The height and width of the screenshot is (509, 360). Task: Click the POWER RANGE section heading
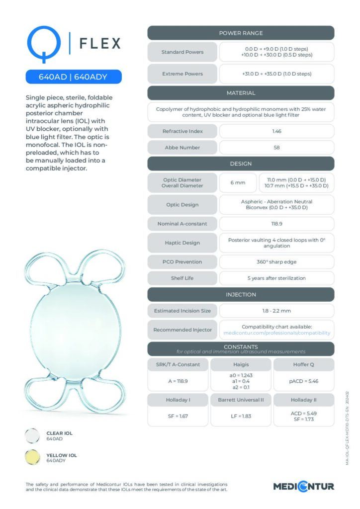[241, 33]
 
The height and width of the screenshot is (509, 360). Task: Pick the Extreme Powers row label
[182, 74]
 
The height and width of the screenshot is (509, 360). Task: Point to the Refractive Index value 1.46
[276, 131]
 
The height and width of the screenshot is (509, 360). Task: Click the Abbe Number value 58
[276, 148]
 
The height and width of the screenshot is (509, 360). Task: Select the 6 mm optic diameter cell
[238, 182]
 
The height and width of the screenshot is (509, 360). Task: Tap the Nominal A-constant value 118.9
[276, 224]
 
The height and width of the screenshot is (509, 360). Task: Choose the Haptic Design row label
[182, 243]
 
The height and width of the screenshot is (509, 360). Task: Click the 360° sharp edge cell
[276, 261]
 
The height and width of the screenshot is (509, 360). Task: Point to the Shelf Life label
[182, 278]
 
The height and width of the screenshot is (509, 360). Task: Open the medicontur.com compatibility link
[276, 333]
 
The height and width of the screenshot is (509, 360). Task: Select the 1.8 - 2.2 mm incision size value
[276, 311]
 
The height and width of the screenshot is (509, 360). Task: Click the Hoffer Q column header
[304, 364]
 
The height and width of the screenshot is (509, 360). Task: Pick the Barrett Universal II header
[241, 399]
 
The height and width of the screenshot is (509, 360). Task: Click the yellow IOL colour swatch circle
[33, 457]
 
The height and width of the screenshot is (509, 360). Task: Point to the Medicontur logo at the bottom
[303, 486]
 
